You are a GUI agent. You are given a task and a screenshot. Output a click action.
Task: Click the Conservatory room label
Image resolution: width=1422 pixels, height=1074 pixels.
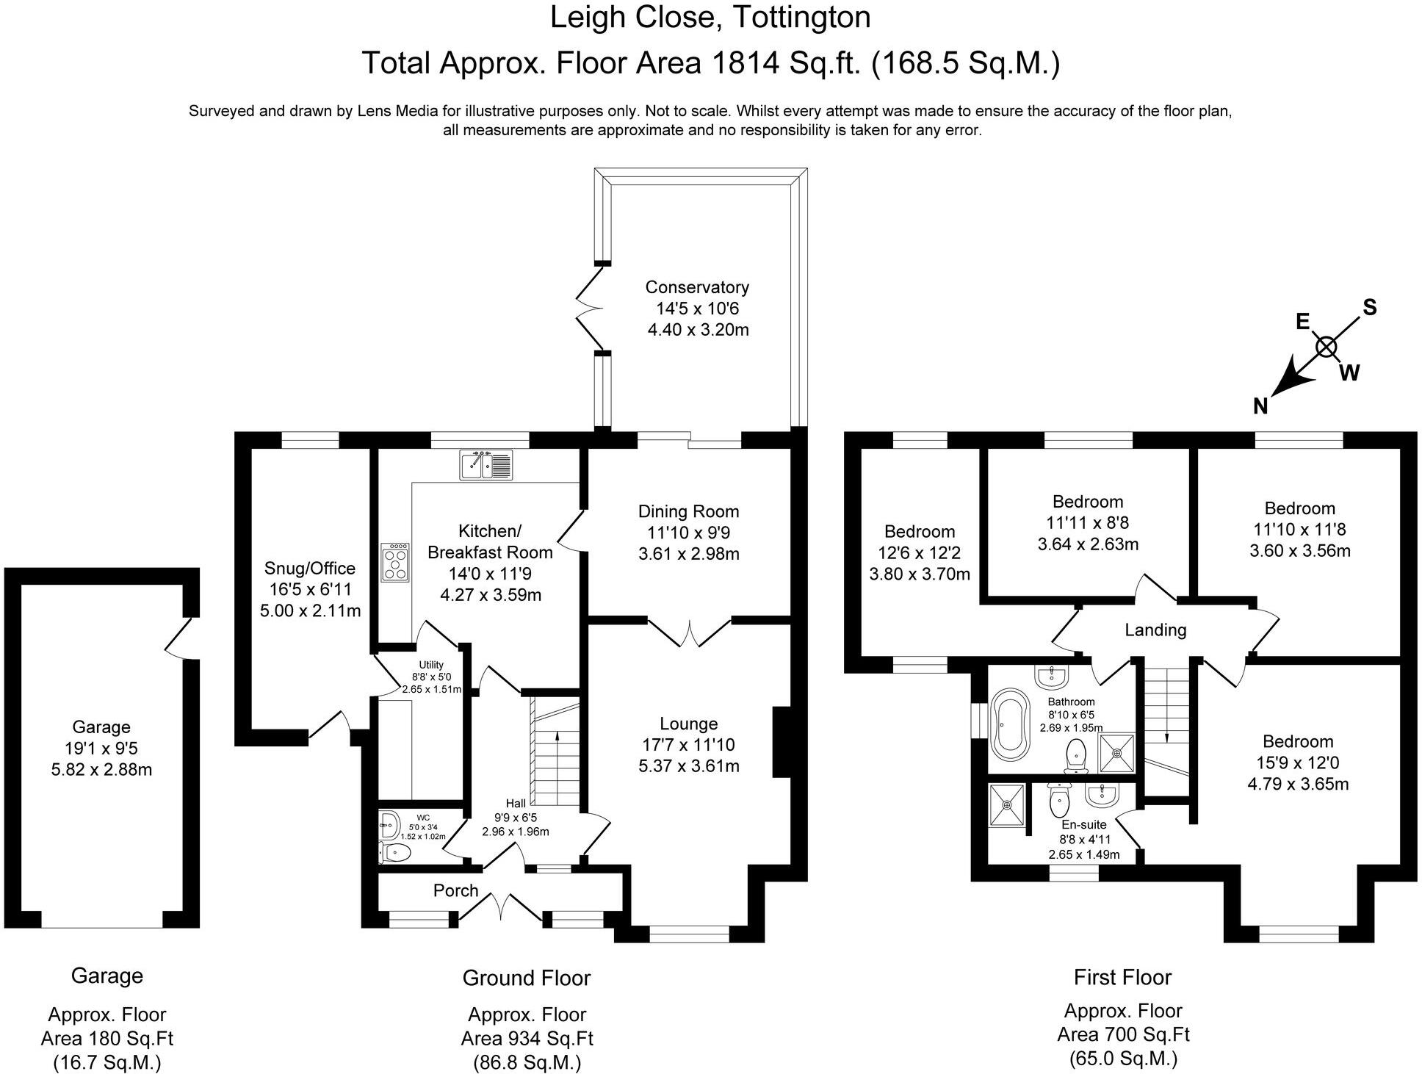pos(697,287)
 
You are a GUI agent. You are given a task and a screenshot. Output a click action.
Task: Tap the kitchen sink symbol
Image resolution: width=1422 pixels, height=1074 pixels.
pos(486,465)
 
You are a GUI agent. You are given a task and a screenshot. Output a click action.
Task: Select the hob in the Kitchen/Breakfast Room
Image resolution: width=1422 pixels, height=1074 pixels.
pos(395,563)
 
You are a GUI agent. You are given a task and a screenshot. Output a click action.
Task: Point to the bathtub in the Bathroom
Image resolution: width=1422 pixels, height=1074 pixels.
pos(1011,724)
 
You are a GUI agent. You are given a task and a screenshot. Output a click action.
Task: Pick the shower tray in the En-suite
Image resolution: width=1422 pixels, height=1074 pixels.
pos(1008,804)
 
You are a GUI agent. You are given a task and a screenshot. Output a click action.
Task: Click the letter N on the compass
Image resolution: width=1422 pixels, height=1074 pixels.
pos(1260,406)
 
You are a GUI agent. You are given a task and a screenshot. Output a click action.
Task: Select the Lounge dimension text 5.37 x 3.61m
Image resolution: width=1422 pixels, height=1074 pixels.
pos(688,766)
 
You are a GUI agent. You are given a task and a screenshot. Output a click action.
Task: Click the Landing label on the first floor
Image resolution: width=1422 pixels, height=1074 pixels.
pos(1155,630)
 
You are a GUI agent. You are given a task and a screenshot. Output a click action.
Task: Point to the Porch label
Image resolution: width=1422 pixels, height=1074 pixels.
pos(455,890)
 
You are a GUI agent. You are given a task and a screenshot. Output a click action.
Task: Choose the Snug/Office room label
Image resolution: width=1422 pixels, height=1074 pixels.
pos(310,568)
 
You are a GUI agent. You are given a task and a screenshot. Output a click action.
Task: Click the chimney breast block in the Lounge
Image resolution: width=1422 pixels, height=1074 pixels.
pos(782,741)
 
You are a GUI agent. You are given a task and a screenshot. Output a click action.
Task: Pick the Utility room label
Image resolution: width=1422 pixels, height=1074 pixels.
pos(431,665)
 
